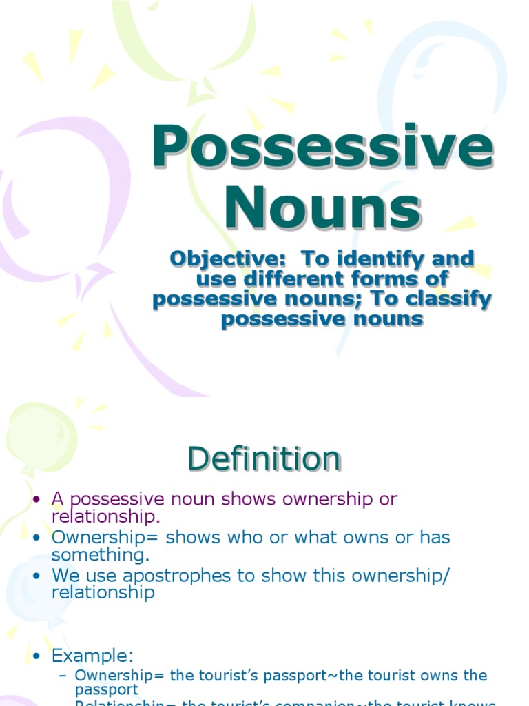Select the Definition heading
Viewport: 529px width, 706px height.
click(x=264, y=459)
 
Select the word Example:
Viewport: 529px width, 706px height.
click(x=92, y=655)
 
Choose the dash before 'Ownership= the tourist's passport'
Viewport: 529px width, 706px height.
click(x=63, y=676)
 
